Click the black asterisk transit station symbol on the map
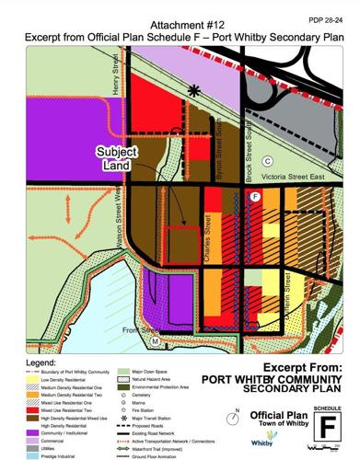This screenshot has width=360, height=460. (x=193, y=89)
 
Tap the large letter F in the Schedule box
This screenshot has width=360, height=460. (x=328, y=429)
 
